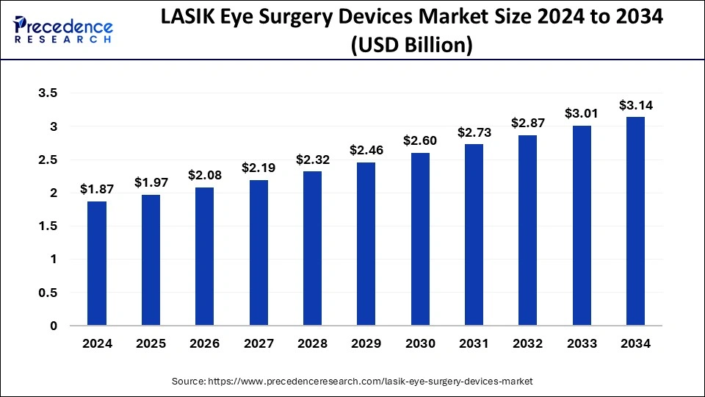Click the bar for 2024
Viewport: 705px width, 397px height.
point(97,263)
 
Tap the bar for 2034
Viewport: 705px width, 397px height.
point(635,221)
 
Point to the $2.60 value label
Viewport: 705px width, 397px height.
point(419,140)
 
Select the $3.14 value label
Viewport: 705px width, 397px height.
point(635,105)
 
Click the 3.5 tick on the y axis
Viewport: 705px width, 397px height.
point(49,93)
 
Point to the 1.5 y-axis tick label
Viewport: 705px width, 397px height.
point(49,226)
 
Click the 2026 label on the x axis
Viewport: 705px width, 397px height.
point(204,343)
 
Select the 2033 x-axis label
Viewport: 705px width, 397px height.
point(582,343)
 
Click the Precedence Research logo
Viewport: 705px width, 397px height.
point(63,29)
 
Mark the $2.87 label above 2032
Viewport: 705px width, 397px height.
point(528,123)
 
